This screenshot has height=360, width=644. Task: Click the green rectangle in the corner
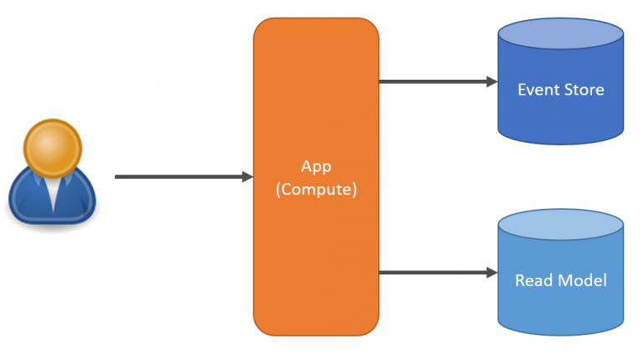[80, 50]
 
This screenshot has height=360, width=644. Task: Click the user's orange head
[54, 149]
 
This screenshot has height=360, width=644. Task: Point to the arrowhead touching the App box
[247, 177]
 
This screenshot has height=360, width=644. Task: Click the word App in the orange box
[315, 166]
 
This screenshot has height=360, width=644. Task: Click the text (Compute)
[316, 190]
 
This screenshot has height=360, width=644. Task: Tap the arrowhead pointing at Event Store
[492, 81]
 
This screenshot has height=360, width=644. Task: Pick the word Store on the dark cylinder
[584, 90]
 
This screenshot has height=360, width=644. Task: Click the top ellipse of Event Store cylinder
[560, 34]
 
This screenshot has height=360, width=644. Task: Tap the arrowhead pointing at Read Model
[492, 273]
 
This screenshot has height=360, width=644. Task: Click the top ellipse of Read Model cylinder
[560, 226]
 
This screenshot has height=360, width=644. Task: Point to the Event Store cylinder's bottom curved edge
[560, 143]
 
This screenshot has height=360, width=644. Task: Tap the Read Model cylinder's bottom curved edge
[560, 333]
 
